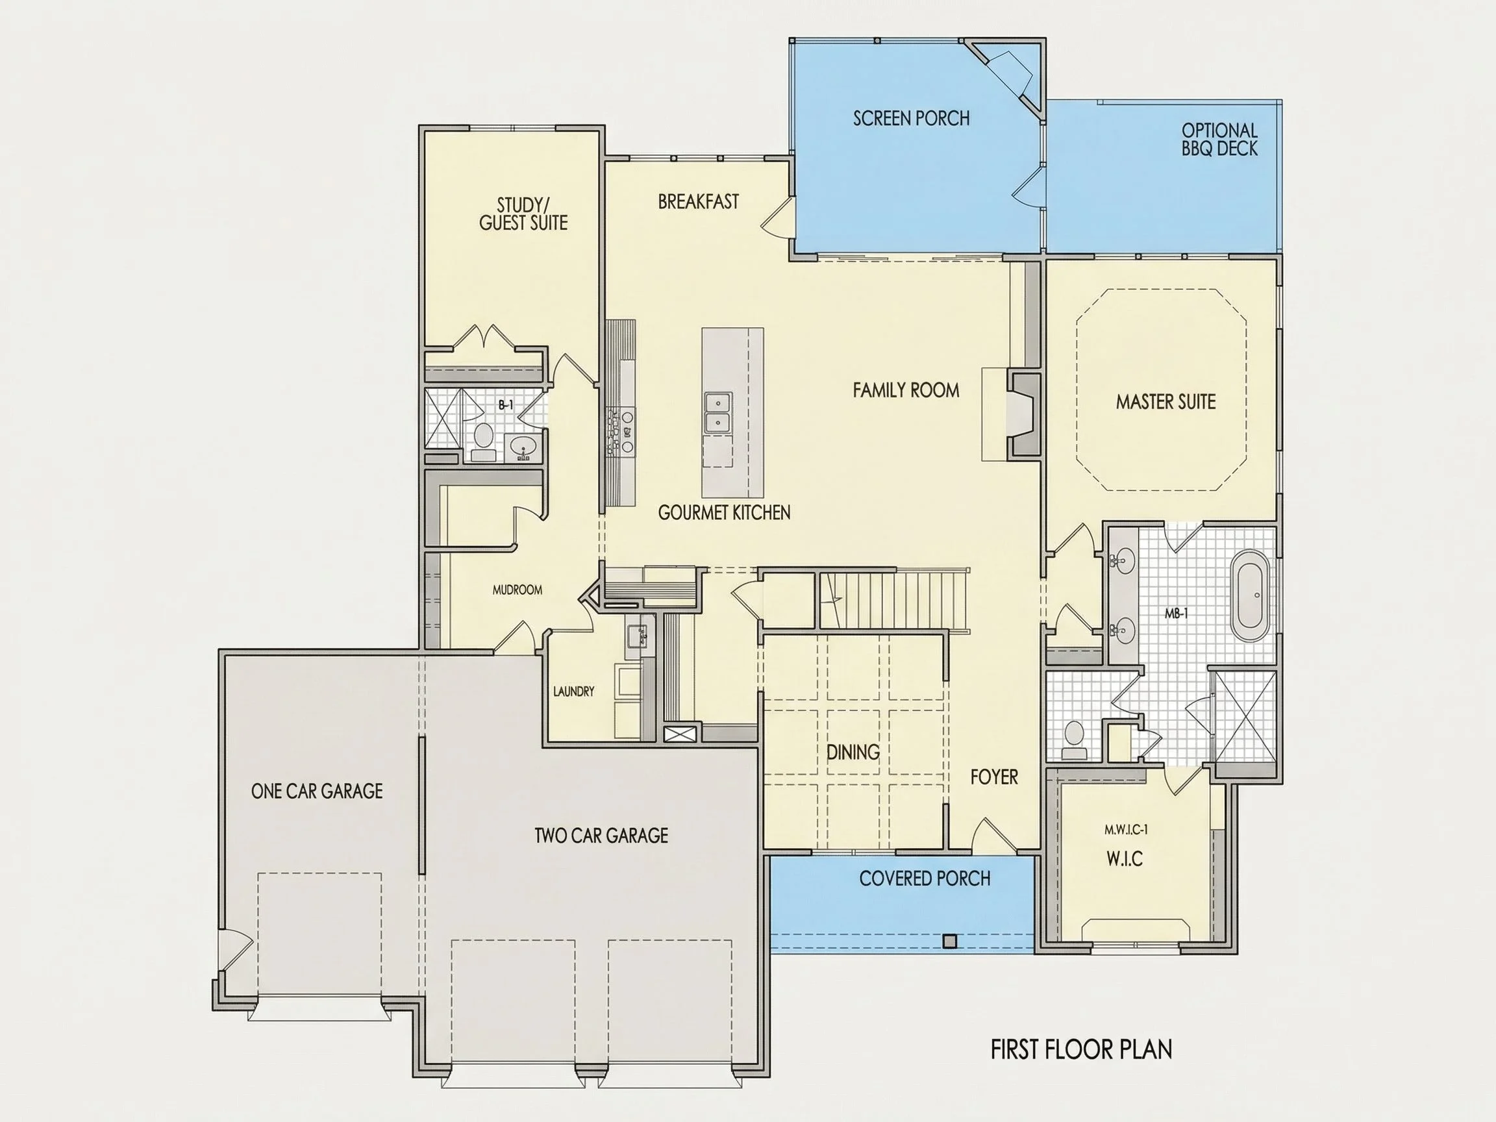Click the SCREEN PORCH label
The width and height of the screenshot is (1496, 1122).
click(911, 118)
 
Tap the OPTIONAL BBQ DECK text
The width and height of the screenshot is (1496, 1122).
click(1219, 140)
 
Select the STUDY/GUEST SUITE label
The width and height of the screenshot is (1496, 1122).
click(523, 214)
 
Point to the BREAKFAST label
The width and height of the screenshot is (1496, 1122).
click(698, 201)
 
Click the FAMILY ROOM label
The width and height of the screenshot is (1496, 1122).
click(906, 390)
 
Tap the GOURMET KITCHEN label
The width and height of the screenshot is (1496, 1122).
click(724, 513)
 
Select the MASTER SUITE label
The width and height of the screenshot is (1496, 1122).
click(1166, 402)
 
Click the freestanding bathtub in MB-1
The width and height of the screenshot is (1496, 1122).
click(1249, 597)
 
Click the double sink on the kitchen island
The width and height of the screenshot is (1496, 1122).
click(716, 412)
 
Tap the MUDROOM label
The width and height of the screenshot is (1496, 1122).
click(517, 590)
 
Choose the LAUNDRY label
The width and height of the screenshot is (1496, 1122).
click(573, 692)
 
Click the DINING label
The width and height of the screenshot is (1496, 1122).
click(853, 752)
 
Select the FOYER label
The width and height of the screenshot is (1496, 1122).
click(993, 777)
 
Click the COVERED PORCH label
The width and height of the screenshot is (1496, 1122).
click(925, 879)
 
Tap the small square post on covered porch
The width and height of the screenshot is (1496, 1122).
click(950, 940)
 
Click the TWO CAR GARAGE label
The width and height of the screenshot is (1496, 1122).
click(601, 836)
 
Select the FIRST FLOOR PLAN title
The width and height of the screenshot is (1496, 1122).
click(1082, 1050)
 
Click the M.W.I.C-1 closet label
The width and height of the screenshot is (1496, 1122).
click(1126, 830)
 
